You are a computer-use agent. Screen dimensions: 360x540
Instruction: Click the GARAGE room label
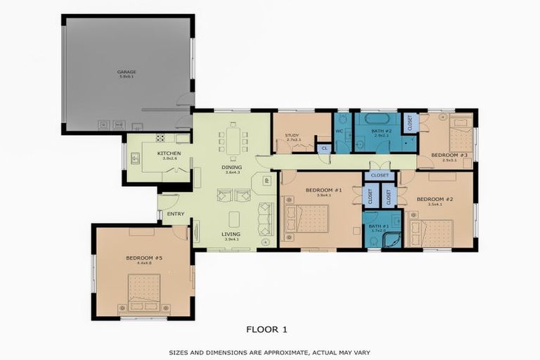click(x=127, y=72)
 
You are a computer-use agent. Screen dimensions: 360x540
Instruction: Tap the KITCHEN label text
click(x=169, y=153)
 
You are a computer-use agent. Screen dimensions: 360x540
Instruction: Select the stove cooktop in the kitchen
click(x=160, y=139)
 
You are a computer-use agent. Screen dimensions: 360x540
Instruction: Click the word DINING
click(x=232, y=167)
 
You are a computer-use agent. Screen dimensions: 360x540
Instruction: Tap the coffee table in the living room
click(x=233, y=219)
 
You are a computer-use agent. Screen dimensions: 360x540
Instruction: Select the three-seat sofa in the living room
click(x=266, y=219)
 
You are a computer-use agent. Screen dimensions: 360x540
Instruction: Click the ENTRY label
click(x=176, y=214)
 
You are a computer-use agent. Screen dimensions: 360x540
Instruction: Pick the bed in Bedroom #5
click(x=144, y=291)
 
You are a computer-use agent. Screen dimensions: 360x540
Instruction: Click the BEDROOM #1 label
click(x=323, y=190)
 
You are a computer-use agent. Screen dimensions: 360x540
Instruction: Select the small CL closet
click(x=324, y=148)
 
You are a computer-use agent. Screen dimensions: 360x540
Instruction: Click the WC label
click(x=339, y=131)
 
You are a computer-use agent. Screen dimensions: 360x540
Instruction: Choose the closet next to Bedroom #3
click(x=410, y=122)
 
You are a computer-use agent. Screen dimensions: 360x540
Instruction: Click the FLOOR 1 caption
click(x=266, y=328)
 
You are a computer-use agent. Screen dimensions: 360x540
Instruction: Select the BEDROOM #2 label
click(x=435, y=199)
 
